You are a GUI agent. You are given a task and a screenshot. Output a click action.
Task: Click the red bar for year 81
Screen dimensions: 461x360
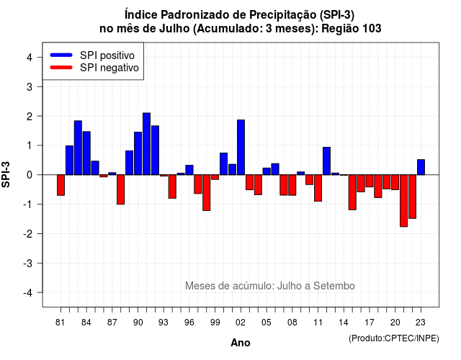click(x=61, y=185)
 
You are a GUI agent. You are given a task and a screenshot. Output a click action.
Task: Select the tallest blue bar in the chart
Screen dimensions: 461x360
click(x=146, y=144)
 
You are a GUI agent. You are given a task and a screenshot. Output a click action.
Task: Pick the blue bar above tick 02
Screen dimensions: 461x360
click(x=241, y=147)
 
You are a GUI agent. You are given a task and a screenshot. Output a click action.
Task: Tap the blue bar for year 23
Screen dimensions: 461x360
click(x=421, y=167)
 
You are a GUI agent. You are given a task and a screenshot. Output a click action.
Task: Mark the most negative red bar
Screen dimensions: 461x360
click(x=403, y=201)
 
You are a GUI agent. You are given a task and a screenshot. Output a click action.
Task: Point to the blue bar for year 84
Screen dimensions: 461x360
click(x=86, y=153)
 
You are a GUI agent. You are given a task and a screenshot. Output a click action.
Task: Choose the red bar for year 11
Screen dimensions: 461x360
click(x=318, y=188)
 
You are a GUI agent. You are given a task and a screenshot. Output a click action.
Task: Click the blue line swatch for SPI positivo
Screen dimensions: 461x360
click(x=61, y=55)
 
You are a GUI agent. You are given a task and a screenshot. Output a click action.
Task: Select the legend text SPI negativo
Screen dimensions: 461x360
click(x=109, y=68)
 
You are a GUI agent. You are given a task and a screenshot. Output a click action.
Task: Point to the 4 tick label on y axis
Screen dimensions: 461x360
click(x=30, y=58)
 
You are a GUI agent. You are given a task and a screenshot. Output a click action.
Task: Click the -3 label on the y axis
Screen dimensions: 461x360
click(x=27, y=264)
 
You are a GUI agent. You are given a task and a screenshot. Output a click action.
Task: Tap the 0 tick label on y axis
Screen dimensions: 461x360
click(x=30, y=175)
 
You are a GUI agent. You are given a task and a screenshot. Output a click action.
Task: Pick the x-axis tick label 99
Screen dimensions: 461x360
click(x=215, y=323)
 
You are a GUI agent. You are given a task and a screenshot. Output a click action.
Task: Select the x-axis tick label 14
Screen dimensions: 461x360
click(x=343, y=323)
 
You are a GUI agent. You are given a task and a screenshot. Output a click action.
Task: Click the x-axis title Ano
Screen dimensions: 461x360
click(x=241, y=343)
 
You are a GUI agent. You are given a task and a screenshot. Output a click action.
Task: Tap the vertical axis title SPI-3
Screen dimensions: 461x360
click(x=6, y=174)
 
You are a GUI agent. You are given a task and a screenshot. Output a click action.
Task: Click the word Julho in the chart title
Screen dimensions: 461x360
click(x=174, y=29)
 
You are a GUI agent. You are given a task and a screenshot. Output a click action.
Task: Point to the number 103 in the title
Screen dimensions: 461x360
click(x=372, y=29)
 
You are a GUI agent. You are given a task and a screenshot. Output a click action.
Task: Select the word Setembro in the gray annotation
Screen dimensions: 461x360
click(x=334, y=286)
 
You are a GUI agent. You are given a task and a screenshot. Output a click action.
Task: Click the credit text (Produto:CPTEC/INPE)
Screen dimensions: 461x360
click(x=394, y=338)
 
